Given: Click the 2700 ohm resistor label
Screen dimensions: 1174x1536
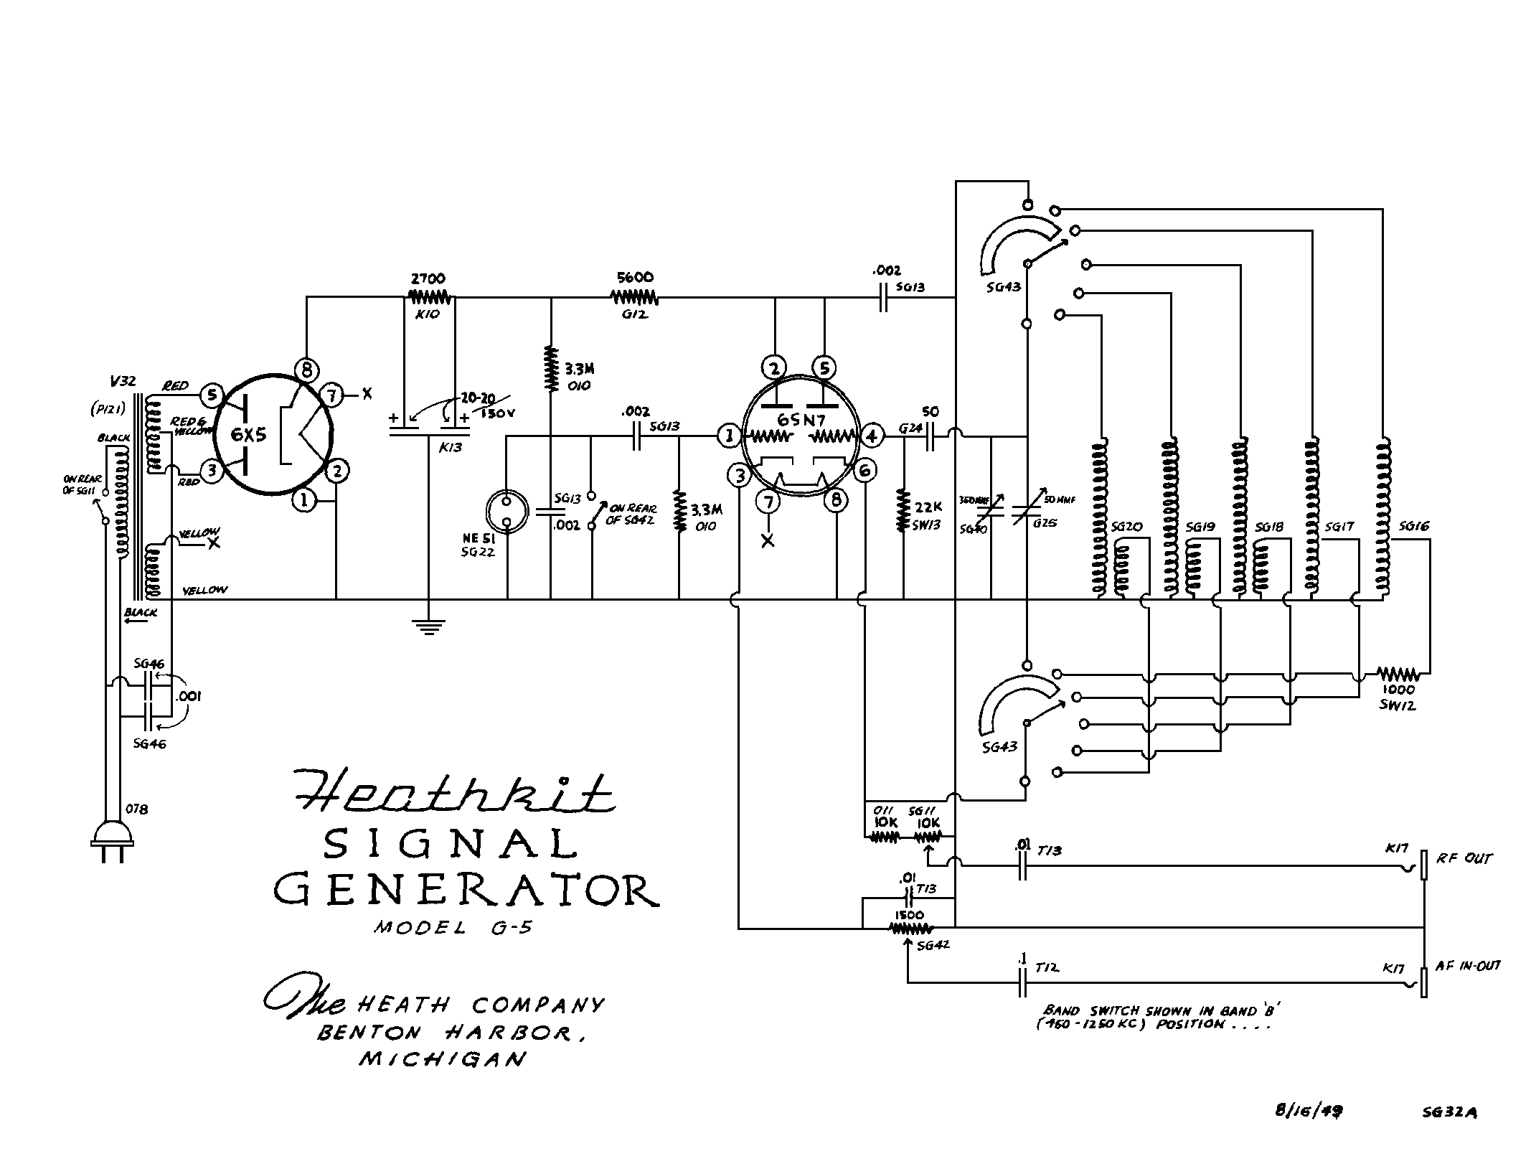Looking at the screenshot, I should point(428,278).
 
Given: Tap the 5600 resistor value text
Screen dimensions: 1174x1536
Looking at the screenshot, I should point(635,277).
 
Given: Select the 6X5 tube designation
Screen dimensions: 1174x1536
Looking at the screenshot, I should point(248,434).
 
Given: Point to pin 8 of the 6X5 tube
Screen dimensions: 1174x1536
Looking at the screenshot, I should point(306,370).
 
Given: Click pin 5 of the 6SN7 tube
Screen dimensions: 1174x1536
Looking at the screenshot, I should point(824,368).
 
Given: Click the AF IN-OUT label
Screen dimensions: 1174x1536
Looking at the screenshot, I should point(1468,967).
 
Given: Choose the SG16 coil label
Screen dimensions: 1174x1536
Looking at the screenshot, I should point(1413,526).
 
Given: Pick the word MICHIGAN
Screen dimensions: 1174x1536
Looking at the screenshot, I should point(443,1059).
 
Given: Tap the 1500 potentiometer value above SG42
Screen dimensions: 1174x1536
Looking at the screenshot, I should point(909,916).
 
